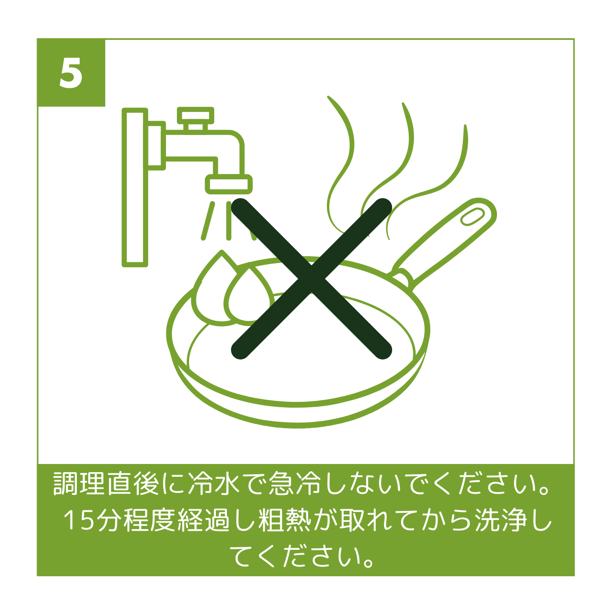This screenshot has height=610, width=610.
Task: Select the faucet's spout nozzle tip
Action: [229, 184]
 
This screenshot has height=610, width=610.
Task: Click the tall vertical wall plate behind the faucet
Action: [135, 187]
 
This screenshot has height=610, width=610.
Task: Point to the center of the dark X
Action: [311, 279]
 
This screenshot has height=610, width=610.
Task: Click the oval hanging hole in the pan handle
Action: [472, 216]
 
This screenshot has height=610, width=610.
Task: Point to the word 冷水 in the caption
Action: [214, 484]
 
